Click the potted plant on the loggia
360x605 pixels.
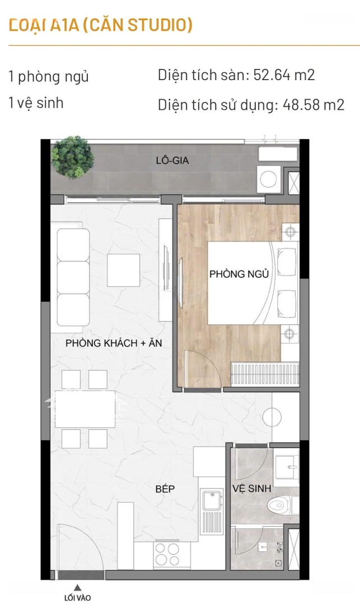pos(72,157)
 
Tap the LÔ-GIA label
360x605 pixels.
pos(172,160)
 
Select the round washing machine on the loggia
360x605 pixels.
pos(269,178)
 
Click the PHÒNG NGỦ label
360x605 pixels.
pos(239,273)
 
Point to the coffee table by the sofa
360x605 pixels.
pos(123,270)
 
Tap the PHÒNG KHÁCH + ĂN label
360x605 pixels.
pos(114,343)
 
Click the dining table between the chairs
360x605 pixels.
pos(85,409)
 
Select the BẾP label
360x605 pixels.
pos(165,489)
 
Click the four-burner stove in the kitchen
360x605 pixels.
pos(167,555)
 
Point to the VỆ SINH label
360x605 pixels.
pos(252,488)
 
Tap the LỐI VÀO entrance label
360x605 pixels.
pos(77,598)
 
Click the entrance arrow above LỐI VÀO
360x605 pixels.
pos(77,588)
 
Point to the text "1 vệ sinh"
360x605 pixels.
pos(36,103)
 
